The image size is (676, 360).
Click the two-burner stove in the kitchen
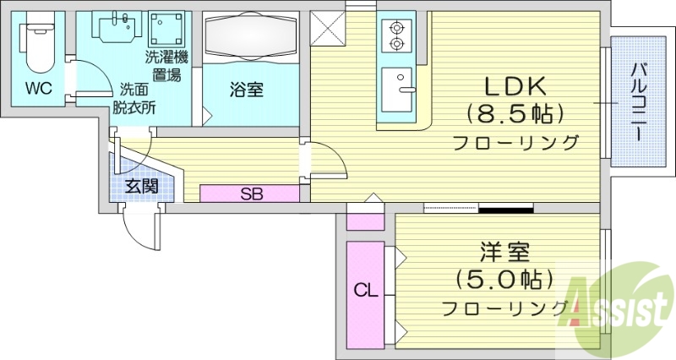click(x=395, y=36)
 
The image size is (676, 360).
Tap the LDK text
click(x=515, y=86)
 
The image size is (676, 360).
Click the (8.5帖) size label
click(x=515, y=113)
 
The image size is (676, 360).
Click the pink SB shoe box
click(x=250, y=194)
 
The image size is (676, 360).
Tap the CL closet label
click(x=365, y=292)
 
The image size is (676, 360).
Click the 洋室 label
click(x=504, y=251)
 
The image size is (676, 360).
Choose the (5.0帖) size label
click(x=504, y=278)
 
